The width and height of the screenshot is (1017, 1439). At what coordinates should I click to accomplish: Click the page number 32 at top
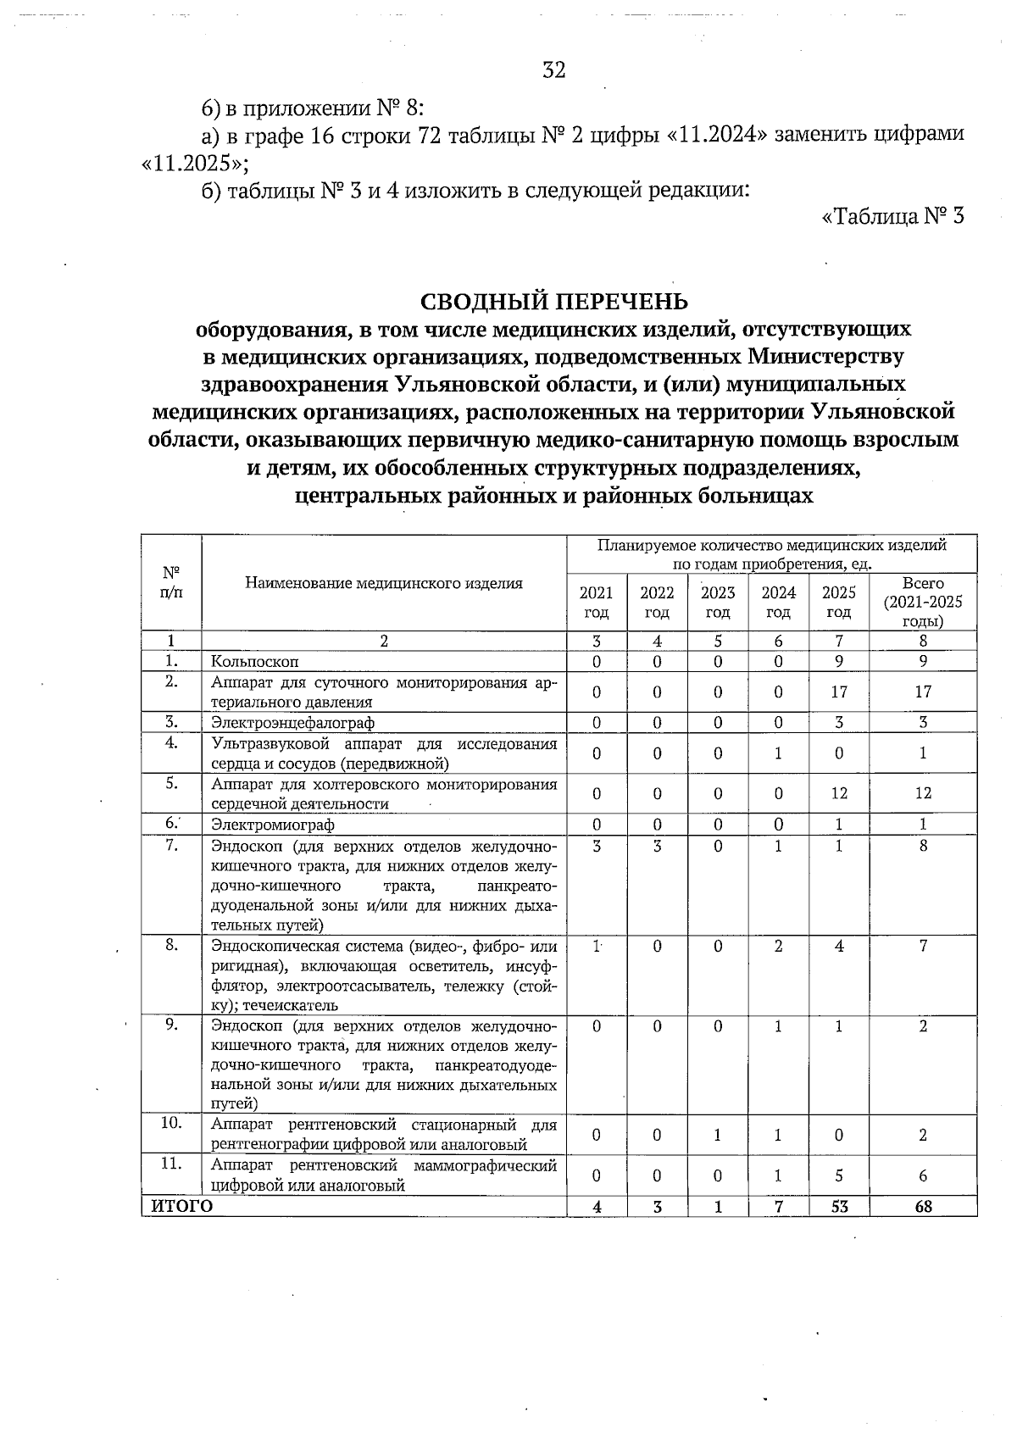click(553, 70)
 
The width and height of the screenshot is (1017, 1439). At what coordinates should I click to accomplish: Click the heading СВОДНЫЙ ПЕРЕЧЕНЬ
click(554, 302)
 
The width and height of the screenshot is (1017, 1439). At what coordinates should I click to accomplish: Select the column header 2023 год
click(718, 602)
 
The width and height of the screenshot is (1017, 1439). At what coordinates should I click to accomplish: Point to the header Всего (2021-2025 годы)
click(923, 602)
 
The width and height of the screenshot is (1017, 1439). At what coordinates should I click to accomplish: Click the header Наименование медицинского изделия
click(384, 583)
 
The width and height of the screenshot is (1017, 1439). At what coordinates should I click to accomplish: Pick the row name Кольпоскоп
click(255, 661)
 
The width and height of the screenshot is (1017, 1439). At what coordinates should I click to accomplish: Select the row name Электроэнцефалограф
click(292, 723)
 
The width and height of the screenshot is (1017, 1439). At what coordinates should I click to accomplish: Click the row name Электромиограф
click(273, 825)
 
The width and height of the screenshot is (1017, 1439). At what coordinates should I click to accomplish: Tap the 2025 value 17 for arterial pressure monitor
click(838, 692)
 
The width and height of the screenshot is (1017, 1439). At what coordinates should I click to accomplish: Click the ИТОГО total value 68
click(923, 1207)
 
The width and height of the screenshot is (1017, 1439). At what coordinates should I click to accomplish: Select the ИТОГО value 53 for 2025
click(839, 1207)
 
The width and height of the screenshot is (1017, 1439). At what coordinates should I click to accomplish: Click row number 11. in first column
click(171, 1164)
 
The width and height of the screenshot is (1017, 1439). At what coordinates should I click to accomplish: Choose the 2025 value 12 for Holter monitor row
click(838, 793)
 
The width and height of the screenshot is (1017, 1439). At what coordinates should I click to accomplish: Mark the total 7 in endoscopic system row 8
click(923, 946)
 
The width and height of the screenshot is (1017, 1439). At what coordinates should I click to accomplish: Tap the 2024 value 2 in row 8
click(778, 946)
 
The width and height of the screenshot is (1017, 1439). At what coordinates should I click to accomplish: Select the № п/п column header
click(171, 583)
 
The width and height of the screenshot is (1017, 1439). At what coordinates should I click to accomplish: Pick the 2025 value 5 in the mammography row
click(838, 1175)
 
